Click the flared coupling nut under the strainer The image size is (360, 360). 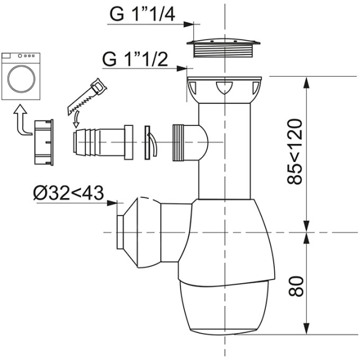click(x=225, y=90)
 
